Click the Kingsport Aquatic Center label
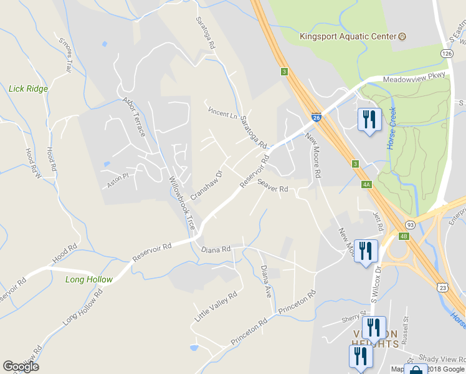click(x=348, y=36)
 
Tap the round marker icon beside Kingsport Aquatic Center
click(x=402, y=36)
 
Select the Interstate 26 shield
click(x=316, y=117)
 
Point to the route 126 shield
click(x=447, y=54)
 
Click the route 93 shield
click(x=410, y=224)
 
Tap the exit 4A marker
click(x=366, y=184)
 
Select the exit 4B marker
click(x=404, y=236)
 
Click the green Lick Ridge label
click(x=28, y=89)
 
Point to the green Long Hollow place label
click(x=89, y=280)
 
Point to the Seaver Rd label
click(x=272, y=186)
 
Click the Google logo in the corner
click(x=21, y=367)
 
